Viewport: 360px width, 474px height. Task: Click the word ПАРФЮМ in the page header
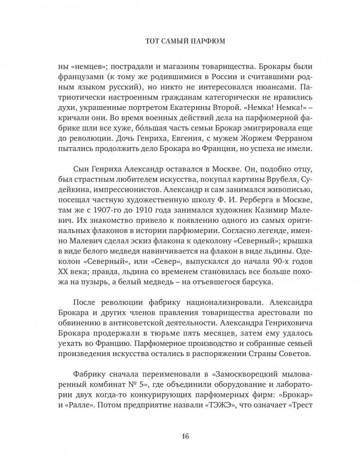[205, 42]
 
